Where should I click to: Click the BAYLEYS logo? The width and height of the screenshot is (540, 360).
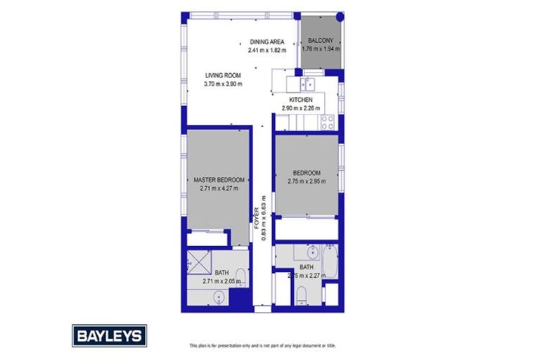[x=109, y=335]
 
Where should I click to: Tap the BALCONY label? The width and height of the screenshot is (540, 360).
[x=320, y=41]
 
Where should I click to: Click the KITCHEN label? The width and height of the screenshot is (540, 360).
[x=300, y=100]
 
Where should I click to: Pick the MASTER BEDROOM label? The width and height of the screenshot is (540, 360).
[x=219, y=180]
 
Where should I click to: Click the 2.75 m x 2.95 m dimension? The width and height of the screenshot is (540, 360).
[x=307, y=181]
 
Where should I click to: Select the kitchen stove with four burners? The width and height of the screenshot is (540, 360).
[x=328, y=123]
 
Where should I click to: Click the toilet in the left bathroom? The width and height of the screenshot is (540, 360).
[x=240, y=276]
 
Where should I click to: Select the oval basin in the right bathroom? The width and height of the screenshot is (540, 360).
[x=312, y=252]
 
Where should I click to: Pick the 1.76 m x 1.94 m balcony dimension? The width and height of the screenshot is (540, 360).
[x=320, y=49]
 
